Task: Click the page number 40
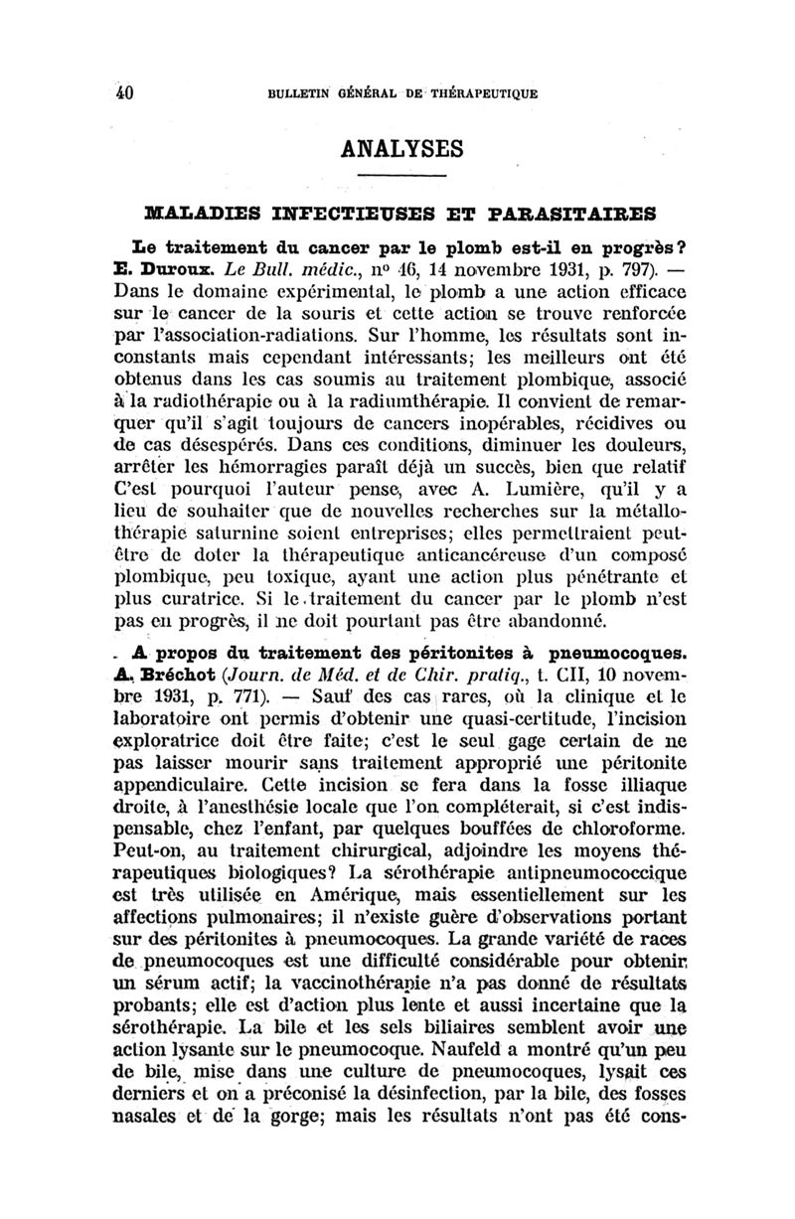click(123, 94)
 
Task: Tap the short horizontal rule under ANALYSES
click(402, 177)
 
